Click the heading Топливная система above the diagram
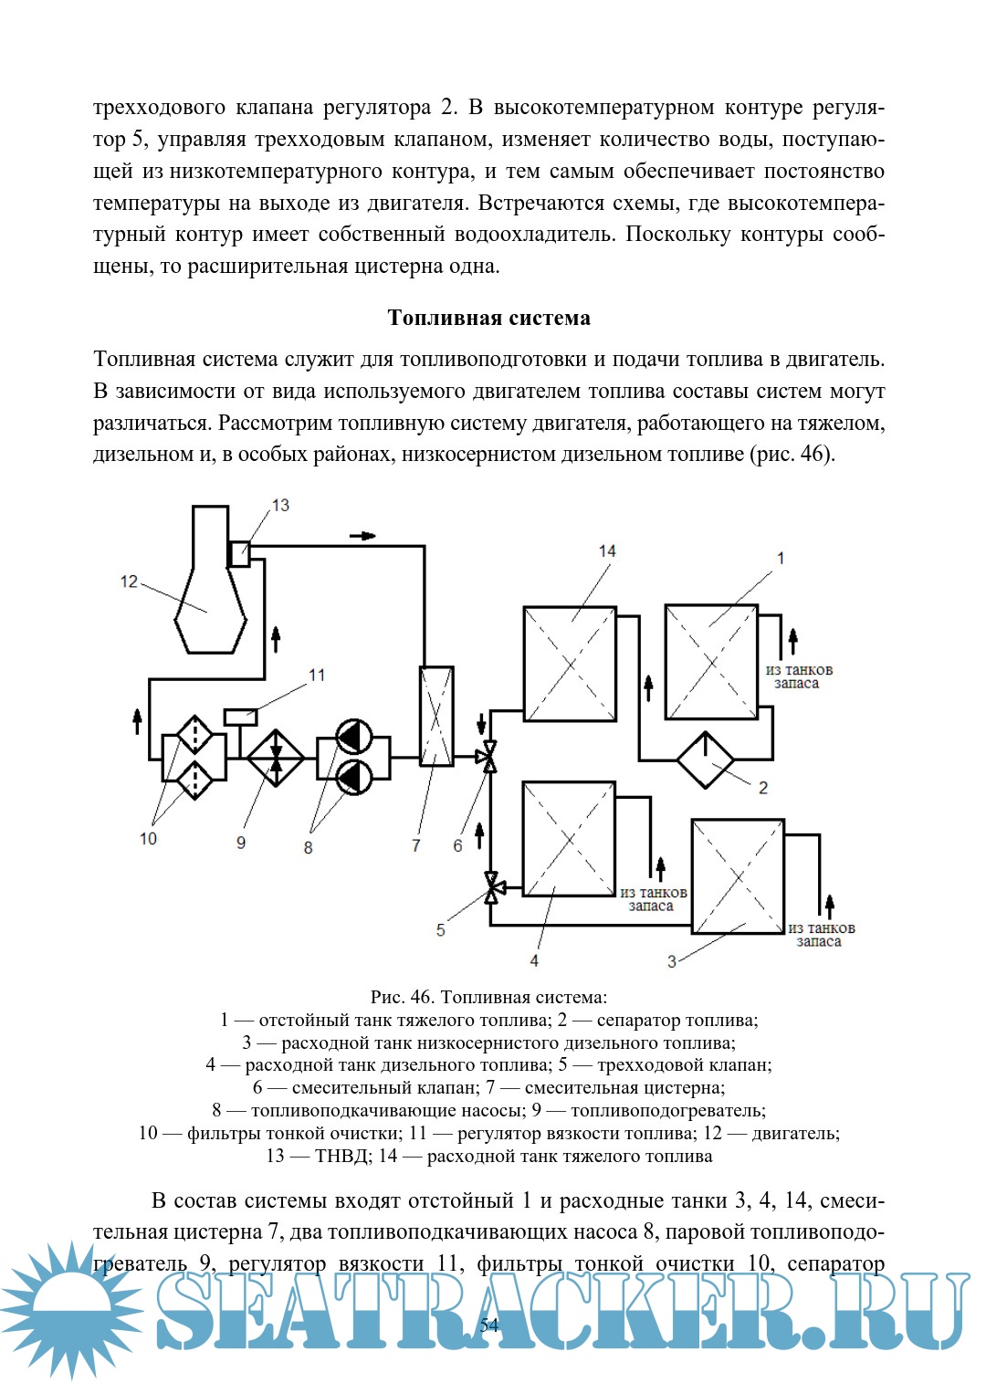tap(488, 318)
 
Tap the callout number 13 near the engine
tap(280, 505)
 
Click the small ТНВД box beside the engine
tap(239, 553)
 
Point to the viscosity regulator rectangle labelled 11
tap(240, 717)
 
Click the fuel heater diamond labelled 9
tap(276, 758)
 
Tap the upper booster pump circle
tap(354, 738)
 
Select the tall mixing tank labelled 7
tap(435, 716)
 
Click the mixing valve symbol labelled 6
tap(489, 756)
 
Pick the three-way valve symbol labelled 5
tap(491, 886)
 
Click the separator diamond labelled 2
tap(705, 760)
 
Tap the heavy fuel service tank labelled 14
tap(570, 664)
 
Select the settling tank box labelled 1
tap(711, 662)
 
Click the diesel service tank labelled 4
tap(568, 839)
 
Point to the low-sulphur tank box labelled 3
tap(738, 876)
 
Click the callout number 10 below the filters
tap(148, 839)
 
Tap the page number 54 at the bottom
tap(489, 1325)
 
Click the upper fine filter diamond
tap(194, 736)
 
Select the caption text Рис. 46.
tap(401, 998)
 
